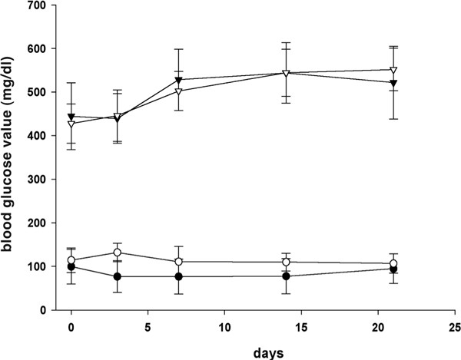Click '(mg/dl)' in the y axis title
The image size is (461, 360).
point(11,74)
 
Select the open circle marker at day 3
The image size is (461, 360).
point(118,253)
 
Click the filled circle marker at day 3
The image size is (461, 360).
point(118,276)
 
